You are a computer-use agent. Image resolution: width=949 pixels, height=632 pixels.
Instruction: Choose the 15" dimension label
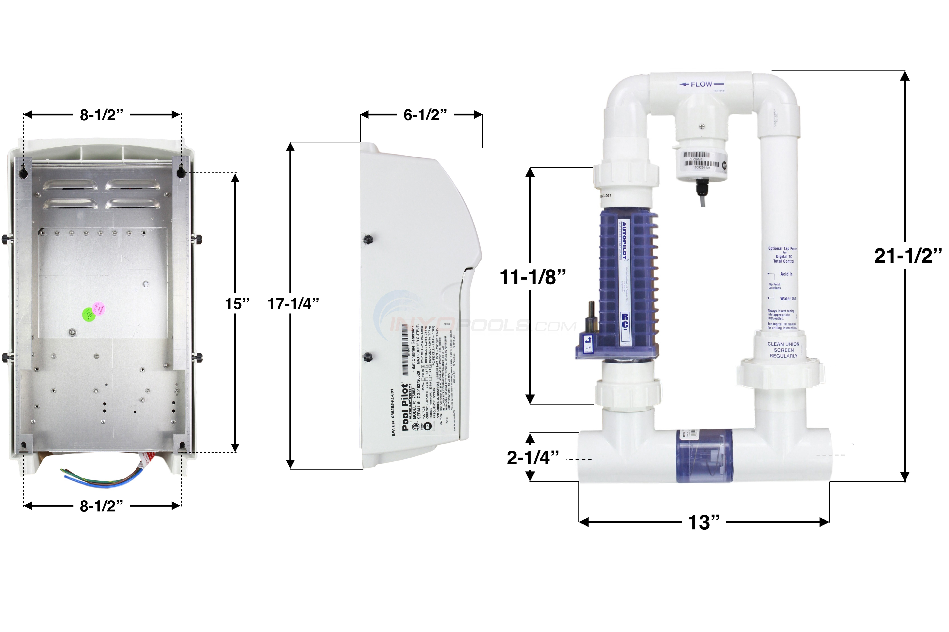237,304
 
